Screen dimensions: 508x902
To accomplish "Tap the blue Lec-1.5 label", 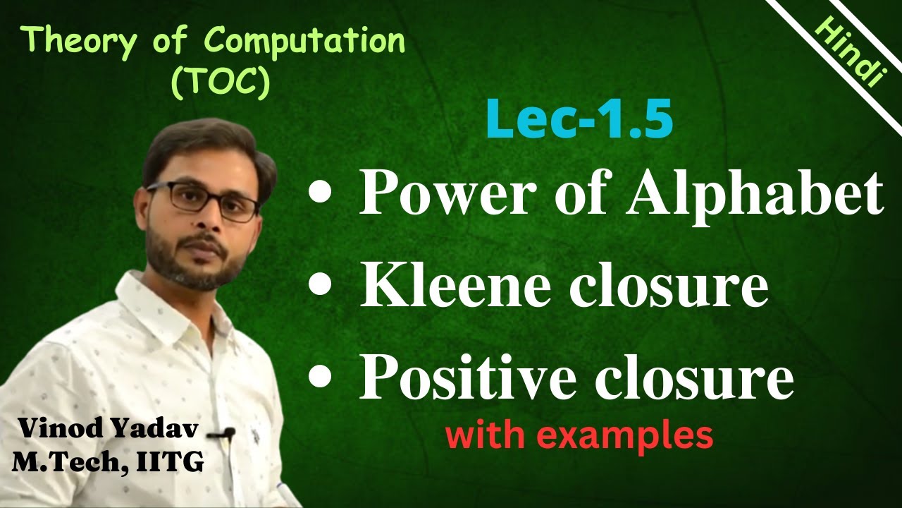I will click(x=579, y=121).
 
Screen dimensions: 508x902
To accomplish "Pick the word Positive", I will click(x=471, y=378).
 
